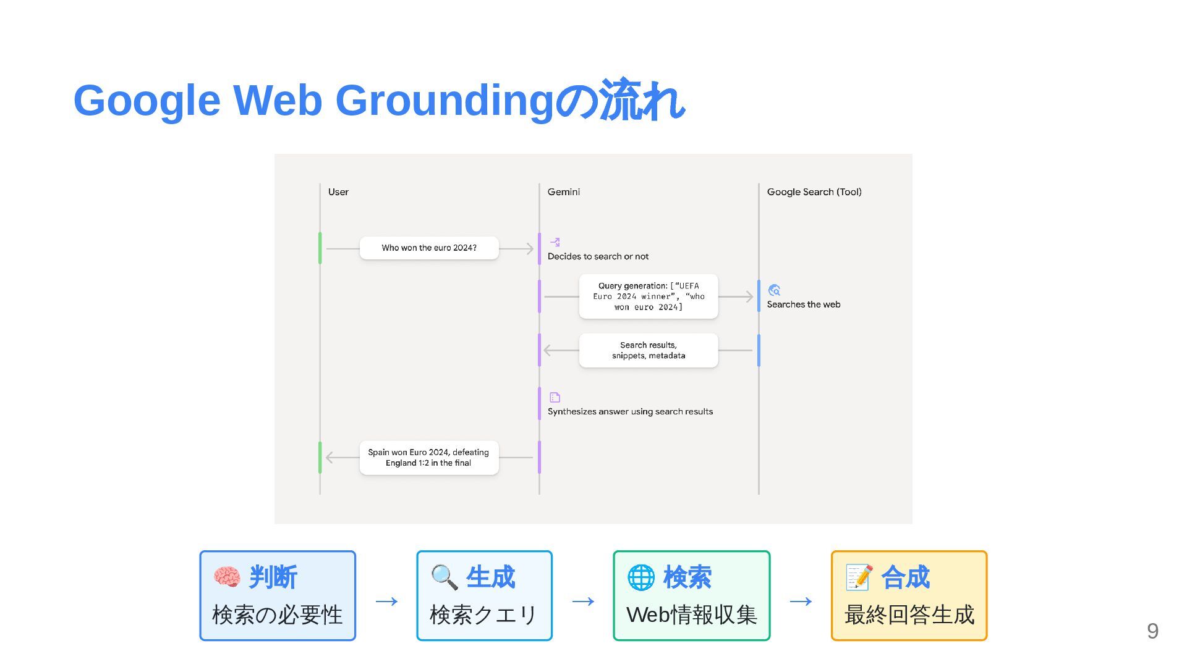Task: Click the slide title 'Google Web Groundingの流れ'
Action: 378,100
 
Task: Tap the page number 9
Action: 1152,631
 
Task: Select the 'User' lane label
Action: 338,192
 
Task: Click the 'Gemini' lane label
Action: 563,192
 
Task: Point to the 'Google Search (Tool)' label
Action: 814,192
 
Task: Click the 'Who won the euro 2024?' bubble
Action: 429,248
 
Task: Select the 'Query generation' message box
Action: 649,296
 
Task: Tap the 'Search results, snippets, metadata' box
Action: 649,350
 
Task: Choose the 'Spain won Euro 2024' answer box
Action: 429,458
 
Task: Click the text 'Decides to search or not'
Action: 598,256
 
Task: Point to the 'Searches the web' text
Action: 803,304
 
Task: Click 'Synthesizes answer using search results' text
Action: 630,412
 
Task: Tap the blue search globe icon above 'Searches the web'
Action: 774,290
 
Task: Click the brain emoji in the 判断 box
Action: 227,577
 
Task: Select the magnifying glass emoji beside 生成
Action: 444,577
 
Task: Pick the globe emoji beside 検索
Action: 640,577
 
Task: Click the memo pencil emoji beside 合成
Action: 859,577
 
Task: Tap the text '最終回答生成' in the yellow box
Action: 909,615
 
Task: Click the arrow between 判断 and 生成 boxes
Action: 386,601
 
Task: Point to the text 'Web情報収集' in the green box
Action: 691,615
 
